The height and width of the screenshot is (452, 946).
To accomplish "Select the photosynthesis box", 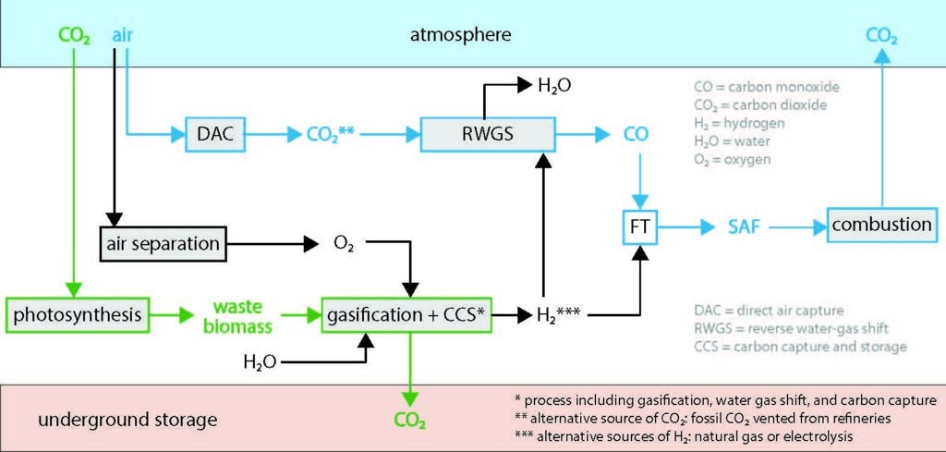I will [x=76, y=315].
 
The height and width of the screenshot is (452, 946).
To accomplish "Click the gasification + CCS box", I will [x=405, y=315].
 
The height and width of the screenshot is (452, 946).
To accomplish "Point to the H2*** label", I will [x=547, y=316].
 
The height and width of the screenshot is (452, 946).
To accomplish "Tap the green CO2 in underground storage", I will [x=409, y=421].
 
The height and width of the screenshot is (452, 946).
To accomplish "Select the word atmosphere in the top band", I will [x=460, y=35].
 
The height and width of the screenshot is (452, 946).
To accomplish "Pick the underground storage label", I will [x=127, y=420].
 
